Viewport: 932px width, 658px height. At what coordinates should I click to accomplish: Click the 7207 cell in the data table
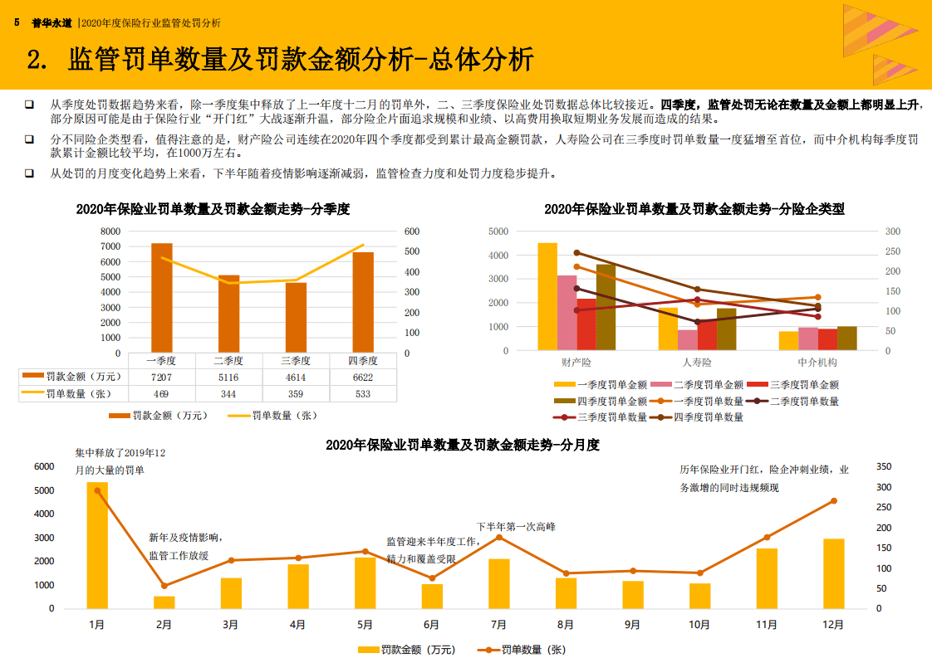point(161,377)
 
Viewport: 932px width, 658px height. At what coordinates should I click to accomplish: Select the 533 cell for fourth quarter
point(362,393)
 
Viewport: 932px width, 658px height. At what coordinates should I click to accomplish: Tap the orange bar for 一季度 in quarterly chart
point(162,298)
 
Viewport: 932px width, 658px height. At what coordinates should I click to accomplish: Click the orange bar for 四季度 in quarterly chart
point(363,302)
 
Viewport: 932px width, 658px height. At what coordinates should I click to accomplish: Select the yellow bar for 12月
point(834,573)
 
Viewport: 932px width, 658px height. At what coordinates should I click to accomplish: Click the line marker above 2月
point(164,586)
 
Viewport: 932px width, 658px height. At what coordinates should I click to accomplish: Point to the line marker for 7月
point(499,538)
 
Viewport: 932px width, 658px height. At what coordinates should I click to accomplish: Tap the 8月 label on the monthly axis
point(566,624)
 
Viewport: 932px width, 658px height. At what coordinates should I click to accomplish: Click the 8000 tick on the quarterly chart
point(110,232)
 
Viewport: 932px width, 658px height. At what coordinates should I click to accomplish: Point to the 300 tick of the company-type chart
point(892,232)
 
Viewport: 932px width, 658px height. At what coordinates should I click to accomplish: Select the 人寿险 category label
point(697,363)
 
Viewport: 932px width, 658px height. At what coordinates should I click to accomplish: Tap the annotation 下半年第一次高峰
point(516,526)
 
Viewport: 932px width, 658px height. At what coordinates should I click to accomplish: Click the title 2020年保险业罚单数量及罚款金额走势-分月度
point(462,445)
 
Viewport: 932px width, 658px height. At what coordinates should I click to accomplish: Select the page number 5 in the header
point(17,23)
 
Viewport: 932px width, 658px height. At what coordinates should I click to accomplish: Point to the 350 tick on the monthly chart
point(884,467)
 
